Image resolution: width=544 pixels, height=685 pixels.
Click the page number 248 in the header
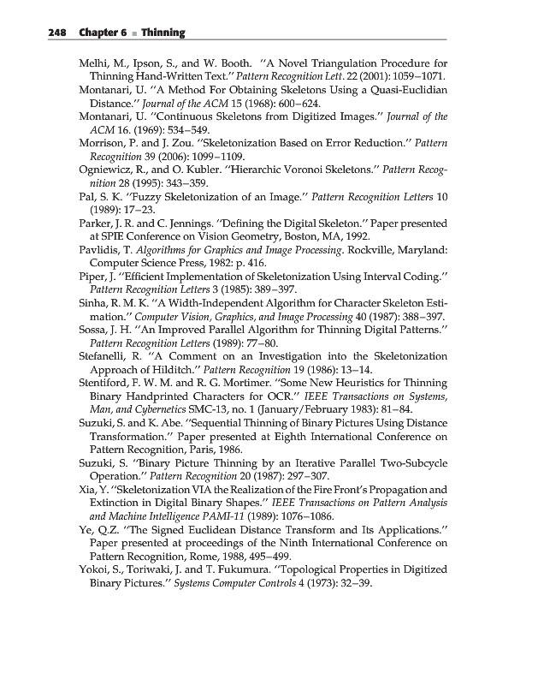(x=33, y=33)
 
